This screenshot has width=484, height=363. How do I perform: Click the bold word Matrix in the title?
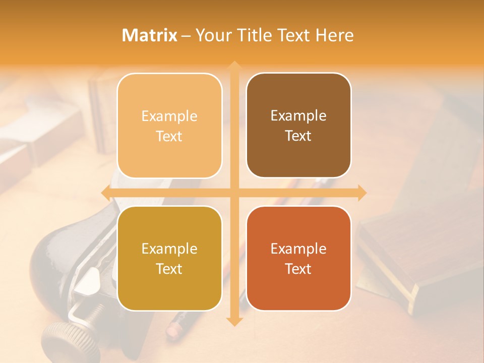pos(150,35)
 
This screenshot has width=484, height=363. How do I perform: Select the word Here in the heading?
pos(334,35)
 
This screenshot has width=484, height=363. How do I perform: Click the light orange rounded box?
pos(169,126)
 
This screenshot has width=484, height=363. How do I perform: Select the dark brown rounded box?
pos(298,125)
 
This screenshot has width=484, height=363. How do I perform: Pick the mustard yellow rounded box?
pos(169,258)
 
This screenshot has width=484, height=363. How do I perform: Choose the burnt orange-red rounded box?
pos(298,258)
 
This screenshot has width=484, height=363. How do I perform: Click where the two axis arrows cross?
pos(234,193)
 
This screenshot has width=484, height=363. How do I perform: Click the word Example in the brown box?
pos(298,115)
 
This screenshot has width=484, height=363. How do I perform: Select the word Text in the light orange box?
pos(169,136)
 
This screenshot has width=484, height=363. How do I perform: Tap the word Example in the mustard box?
pos(169,249)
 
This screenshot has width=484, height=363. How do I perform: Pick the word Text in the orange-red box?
pos(298,269)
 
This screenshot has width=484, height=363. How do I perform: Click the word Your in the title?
pos(211,35)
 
